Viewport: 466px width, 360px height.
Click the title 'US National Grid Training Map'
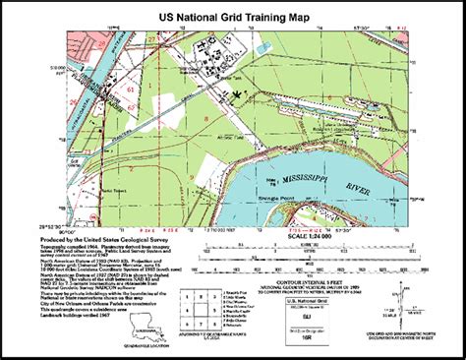click(x=234, y=16)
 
